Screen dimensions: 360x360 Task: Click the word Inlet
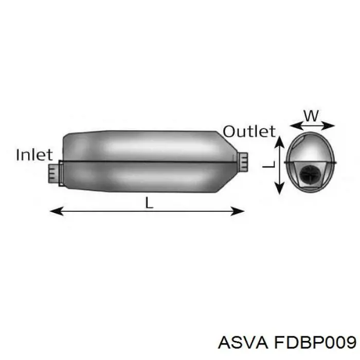tap(34, 154)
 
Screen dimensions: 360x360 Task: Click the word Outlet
tap(249, 131)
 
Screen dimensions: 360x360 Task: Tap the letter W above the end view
tap(312, 116)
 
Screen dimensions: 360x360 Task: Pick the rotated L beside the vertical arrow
tap(268, 164)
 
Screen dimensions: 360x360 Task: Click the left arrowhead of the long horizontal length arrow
tap(57, 211)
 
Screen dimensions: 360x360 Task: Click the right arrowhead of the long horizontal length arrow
tap(238, 211)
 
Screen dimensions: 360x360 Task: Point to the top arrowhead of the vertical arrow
tap(279, 143)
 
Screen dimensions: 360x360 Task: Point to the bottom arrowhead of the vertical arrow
tap(279, 188)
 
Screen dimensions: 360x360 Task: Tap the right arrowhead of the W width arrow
tap(328, 125)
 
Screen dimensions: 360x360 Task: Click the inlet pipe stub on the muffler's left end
tap(53, 173)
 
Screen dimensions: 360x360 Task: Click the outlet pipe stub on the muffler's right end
tap(242, 162)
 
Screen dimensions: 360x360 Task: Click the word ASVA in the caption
tap(243, 343)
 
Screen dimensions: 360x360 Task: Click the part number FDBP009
tap(314, 343)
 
